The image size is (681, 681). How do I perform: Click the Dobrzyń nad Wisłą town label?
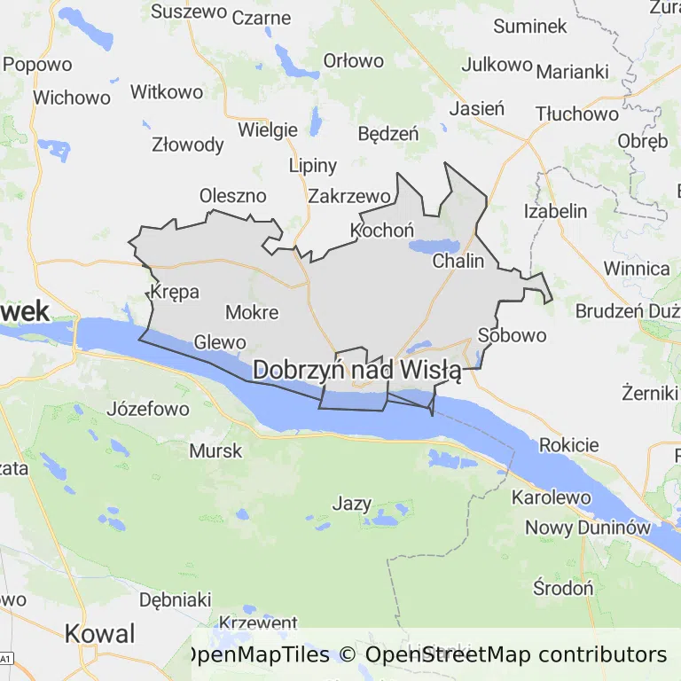coord(356,371)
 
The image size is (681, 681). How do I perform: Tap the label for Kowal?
coord(100,634)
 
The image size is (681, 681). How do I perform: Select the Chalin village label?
coord(458,261)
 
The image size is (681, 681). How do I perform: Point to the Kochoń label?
coord(382,231)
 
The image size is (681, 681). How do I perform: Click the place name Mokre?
coord(252,312)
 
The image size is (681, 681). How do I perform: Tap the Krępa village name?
coord(175,292)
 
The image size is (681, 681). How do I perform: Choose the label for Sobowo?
coord(512,335)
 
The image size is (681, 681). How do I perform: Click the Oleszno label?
coord(232,195)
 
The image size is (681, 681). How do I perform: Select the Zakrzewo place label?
coord(349,196)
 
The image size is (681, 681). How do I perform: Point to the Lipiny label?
coord(313,166)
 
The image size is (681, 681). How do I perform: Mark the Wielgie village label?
coord(268,129)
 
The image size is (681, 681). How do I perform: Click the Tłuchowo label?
coord(577,113)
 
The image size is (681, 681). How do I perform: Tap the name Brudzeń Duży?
coord(627,310)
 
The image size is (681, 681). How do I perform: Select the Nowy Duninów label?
coord(588,527)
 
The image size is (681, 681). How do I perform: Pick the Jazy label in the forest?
coord(351,504)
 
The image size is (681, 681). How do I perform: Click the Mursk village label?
coord(215,450)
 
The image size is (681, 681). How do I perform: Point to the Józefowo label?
coord(148,409)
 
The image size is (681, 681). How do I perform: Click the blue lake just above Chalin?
coord(434,246)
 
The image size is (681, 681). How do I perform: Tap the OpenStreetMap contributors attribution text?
coord(516,655)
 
